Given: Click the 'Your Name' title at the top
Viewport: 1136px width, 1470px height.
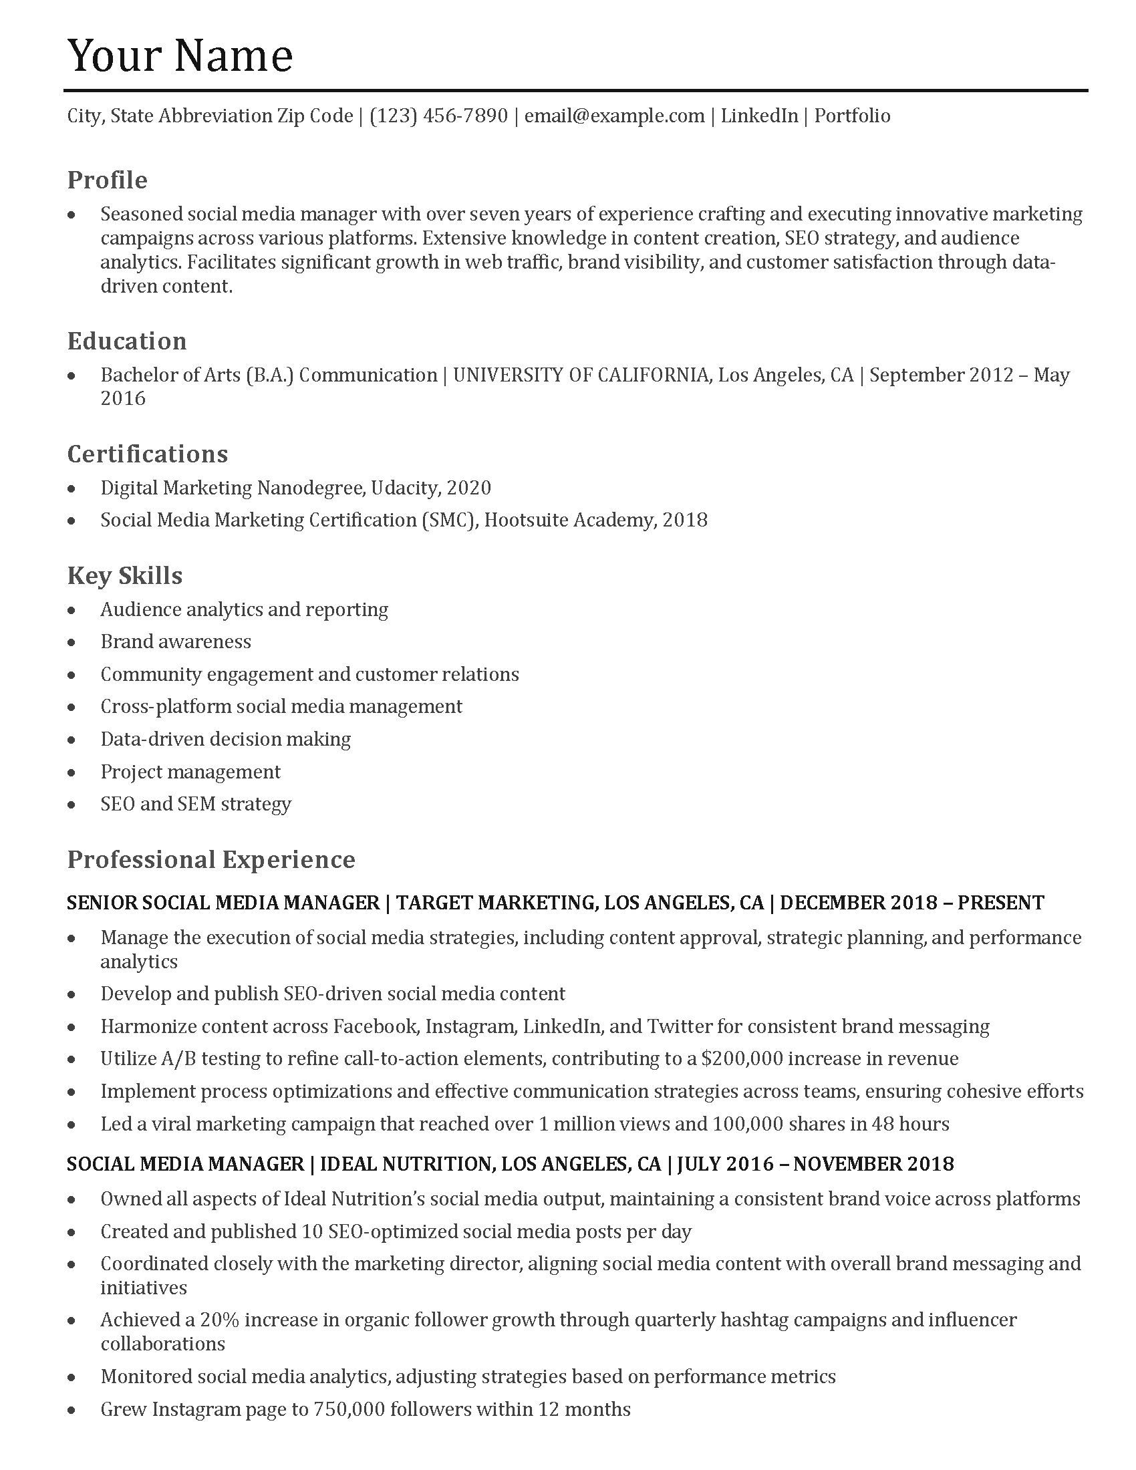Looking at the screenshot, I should click(180, 55).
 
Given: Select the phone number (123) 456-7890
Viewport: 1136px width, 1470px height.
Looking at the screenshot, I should click(438, 116).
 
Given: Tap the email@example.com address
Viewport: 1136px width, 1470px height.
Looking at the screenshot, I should click(613, 116).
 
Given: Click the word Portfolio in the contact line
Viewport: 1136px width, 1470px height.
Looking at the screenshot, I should click(852, 116).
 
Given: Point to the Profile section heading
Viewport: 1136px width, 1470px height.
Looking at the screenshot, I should click(107, 180).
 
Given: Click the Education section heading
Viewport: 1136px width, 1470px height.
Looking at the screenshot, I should click(126, 341).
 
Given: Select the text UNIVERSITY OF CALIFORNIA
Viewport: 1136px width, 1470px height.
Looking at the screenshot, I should click(580, 374).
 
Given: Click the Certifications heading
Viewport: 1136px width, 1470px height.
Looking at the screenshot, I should click(148, 454).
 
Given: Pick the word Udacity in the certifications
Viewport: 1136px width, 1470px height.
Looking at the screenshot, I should click(404, 487).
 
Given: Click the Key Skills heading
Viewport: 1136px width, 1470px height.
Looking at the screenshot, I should click(124, 575).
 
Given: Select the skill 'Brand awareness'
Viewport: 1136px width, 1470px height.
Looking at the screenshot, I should click(176, 641).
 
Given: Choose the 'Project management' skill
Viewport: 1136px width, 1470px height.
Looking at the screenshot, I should click(190, 771).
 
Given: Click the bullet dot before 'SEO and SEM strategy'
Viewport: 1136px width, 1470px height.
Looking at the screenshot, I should click(72, 804).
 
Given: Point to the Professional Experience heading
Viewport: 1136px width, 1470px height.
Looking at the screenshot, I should click(210, 859).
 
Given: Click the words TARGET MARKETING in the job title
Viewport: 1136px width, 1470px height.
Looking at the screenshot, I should click(494, 902).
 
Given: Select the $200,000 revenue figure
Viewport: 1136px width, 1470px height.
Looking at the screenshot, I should click(742, 1058).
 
